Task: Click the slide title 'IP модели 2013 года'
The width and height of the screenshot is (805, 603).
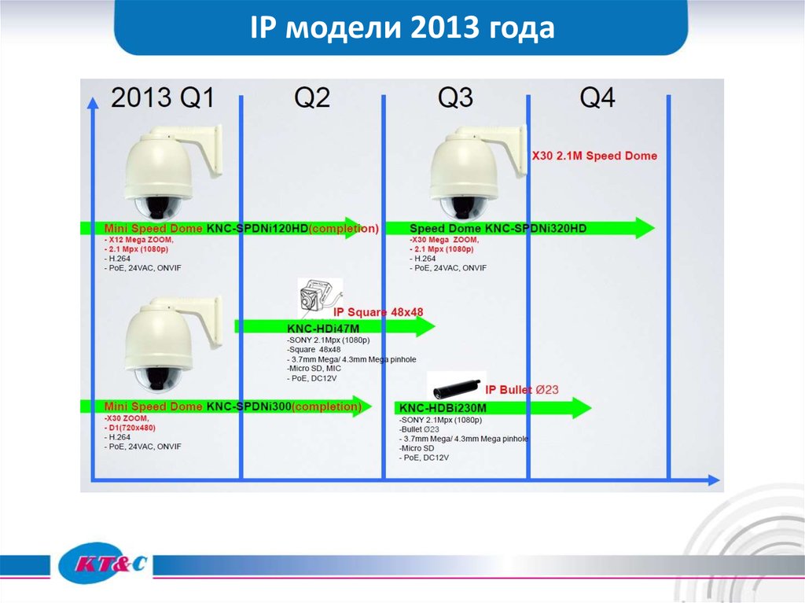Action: pos(402,28)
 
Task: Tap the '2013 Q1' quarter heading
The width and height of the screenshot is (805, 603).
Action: pos(162,97)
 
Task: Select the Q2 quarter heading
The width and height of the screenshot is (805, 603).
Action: pos(312,97)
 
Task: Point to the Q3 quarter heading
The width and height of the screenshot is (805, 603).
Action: pos(455,97)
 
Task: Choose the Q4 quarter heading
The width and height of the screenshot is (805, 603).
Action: pos(597,97)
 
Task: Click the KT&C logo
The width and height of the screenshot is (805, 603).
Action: pos(103,564)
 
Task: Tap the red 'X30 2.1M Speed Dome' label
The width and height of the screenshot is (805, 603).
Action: pos(594,156)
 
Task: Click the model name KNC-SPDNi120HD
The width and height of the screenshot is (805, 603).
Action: pos(257,229)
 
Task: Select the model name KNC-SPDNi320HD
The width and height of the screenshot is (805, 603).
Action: pos(536,229)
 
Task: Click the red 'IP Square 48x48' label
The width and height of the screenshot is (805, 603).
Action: pos(379,311)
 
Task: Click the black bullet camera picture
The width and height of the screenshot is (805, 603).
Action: pos(455,388)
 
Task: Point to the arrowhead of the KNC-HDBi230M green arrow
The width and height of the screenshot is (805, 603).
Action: pos(580,407)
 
